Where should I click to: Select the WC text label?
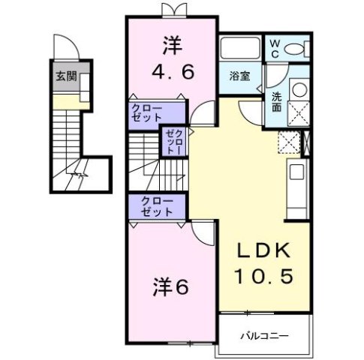275,49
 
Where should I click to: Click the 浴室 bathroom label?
240,75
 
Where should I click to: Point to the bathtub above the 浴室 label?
241,48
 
